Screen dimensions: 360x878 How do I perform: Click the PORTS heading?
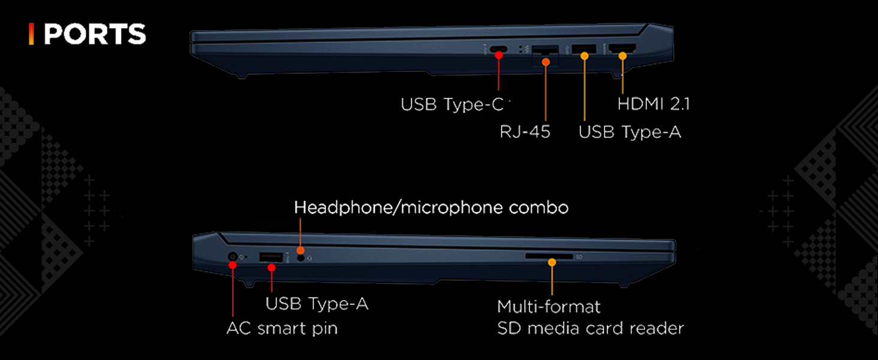pyautogui.click(x=95, y=35)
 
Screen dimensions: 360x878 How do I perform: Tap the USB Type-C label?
pyautogui.click(x=454, y=104)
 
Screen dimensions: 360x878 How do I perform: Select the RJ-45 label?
pyautogui.click(x=525, y=132)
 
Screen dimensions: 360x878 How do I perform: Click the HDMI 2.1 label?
pyautogui.click(x=653, y=104)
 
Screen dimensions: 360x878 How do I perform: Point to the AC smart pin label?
pyautogui.click(x=282, y=329)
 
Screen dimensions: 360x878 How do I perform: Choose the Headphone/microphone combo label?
pyautogui.click(x=431, y=208)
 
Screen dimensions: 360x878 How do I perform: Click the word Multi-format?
pyautogui.click(x=549, y=307)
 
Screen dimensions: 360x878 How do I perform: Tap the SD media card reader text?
pyautogui.click(x=590, y=329)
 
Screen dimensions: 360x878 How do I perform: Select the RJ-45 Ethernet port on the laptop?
pyautogui.click(x=545, y=53)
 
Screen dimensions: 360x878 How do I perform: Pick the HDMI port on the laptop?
pyautogui.click(x=623, y=50)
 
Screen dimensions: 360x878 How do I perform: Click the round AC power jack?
pyautogui.click(x=233, y=257)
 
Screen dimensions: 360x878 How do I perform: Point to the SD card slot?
pyautogui.click(x=549, y=256)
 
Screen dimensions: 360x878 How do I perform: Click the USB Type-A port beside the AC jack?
pyautogui.click(x=271, y=257)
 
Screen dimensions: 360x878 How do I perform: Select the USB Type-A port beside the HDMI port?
pyautogui.click(x=584, y=50)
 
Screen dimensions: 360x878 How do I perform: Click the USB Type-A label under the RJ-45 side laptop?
pyautogui.click(x=630, y=132)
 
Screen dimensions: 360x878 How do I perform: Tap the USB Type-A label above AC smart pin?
pyautogui.click(x=317, y=304)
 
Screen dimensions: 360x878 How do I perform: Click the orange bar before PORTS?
pyautogui.click(x=31, y=35)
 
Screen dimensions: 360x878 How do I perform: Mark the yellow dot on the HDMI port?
pyautogui.click(x=623, y=56)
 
